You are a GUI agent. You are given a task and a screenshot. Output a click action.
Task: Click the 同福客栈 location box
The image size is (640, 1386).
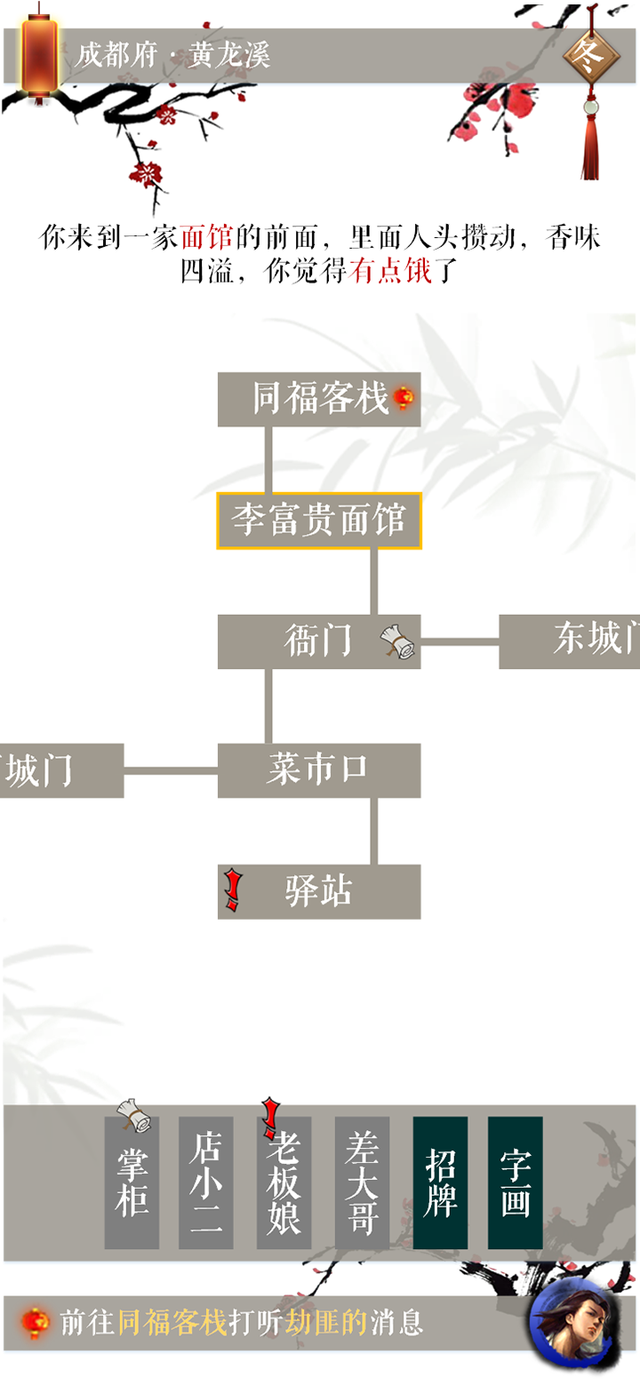pyautogui.click(x=319, y=399)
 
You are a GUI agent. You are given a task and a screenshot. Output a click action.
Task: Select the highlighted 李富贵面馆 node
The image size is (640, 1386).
pyautogui.click(x=319, y=521)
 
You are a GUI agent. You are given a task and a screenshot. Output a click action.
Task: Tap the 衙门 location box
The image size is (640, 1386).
pyautogui.click(x=319, y=641)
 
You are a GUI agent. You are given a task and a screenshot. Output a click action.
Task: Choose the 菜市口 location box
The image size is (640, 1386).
pyautogui.click(x=319, y=770)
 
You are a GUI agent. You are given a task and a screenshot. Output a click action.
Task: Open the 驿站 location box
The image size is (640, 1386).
pyautogui.click(x=319, y=892)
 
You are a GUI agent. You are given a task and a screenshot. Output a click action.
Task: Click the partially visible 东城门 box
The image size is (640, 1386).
pyautogui.click(x=570, y=641)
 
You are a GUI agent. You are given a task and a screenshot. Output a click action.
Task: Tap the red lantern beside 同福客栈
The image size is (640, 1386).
pyautogui.click(x=404, y=397)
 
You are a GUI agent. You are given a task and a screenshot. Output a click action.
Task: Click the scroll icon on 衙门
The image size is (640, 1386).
pyautogui.click(x=397, y=641)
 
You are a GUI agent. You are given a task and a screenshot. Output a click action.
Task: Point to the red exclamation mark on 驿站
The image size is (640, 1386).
pyautogui.click(x=233, y=890)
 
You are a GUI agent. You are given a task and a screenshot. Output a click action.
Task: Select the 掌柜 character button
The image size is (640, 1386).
pyautogui.click(x=132, y=1183)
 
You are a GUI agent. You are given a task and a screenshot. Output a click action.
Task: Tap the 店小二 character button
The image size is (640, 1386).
pyautogui.click(x=206, y=1183)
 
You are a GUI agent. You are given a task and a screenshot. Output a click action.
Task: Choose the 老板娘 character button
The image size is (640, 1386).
pyautogui.click(x=284, y=1183)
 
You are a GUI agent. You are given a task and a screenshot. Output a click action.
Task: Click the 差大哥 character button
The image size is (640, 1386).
pyautogui.click(x=362, y=1183)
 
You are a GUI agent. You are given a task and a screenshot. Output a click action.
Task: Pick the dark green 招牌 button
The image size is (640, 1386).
pyautogui.click(x=440, y=1183)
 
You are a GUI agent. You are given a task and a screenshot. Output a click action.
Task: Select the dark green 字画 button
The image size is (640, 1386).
pyautogui.click(x=516, y=1183)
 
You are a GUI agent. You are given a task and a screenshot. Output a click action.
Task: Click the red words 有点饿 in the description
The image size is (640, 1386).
pyautogui.click(x=390, y=270)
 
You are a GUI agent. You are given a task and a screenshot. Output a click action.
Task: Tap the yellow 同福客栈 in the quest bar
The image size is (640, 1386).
pyautogui.click(x=172, y=1322)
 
